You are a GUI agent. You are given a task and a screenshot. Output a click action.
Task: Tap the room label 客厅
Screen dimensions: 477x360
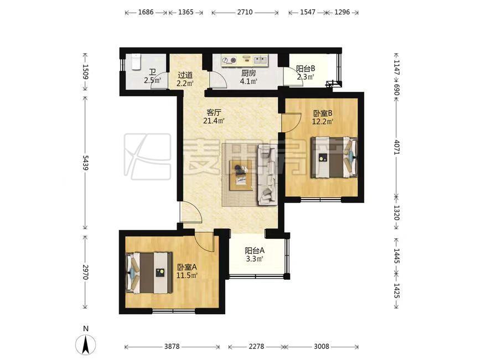(214, 112)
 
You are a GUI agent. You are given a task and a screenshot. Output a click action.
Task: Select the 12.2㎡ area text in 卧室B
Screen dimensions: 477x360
(323, 122)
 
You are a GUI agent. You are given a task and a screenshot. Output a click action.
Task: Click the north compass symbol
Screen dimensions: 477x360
(86, 345)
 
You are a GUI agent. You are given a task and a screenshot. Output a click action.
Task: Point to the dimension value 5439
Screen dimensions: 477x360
(85, 163)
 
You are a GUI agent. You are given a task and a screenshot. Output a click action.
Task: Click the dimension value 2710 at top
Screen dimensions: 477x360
(245, 12)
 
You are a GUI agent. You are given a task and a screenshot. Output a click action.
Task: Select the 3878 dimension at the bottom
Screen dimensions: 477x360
(172, 346)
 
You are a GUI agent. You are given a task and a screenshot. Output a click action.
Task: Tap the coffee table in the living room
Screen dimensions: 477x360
(241, 175)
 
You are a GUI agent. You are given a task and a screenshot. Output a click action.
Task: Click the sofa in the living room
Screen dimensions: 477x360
(268, 174)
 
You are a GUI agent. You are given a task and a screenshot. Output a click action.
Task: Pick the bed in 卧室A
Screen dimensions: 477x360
(149, 273)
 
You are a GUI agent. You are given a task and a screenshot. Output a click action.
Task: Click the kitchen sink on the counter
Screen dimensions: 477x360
(260, 60)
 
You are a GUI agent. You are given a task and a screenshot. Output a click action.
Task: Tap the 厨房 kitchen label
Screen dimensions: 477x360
(248, 74)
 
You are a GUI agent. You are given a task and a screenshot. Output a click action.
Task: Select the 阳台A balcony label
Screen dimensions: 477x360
(255, 251)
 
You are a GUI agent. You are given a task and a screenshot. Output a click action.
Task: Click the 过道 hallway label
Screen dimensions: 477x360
(185, 75)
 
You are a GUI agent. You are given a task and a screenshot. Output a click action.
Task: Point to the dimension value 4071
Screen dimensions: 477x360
(396, 147)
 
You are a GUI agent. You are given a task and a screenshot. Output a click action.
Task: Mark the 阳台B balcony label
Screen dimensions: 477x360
(305, 69)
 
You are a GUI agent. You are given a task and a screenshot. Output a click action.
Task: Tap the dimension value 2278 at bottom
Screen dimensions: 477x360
(256, 346)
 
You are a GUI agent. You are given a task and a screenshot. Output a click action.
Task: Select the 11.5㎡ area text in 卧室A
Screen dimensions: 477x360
(187, 276)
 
